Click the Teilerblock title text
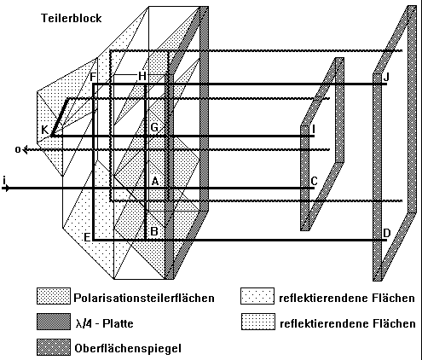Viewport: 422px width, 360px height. click(72, 18)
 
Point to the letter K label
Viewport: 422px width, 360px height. click(45, 130)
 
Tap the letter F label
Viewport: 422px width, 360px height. click(93, 78)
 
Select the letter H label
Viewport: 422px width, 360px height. click(142, 76)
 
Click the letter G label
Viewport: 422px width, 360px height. click(154, 127)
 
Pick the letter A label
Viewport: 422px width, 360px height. click(155, 181)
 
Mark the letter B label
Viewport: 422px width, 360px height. click(154, 231)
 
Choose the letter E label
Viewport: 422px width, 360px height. click(88, 237)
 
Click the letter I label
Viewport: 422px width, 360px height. click(314, 130)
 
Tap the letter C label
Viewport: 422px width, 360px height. click(314, 181)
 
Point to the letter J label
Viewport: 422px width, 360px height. click(386, 77)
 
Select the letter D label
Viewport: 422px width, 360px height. click(387, 233)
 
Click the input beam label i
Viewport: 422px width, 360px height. click(4, 180)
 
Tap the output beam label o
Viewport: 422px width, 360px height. click(18, 149)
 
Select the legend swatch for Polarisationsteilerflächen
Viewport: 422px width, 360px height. click(54, 296)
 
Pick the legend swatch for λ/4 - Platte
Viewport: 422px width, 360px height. click(54, 322)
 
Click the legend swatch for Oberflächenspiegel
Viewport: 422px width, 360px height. click(54, 347)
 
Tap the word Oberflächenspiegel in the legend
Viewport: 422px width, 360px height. click(128, 348)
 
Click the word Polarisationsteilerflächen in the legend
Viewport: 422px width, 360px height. click(144, 298)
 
